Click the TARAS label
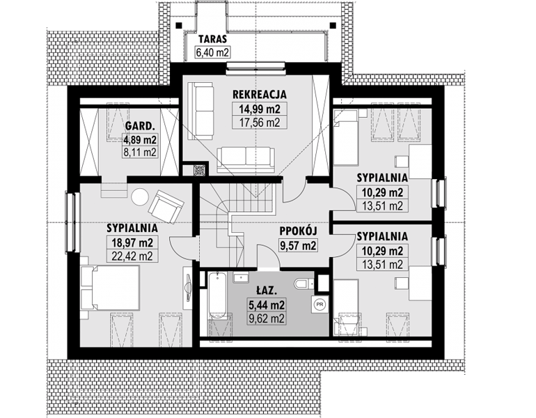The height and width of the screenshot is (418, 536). (x=212, y=38)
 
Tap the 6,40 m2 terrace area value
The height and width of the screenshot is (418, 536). (x=212, y=53)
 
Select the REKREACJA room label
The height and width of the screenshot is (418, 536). (x=259, y=94)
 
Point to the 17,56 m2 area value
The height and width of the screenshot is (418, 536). (x=260, y=122)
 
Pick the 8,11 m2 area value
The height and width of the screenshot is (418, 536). (x=140, y=152)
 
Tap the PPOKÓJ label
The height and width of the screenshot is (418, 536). (x=298, y=231)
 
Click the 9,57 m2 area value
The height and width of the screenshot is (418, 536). (x=299, y=246)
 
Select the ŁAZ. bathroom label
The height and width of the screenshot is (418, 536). (x=265, y=291)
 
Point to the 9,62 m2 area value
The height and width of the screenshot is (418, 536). (x=266, y=318)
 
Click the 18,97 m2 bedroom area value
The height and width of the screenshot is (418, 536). (x=132, y=242)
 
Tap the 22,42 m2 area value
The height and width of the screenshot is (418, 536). (x=132, y=256)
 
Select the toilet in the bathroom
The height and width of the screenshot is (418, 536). (x=303, y=283)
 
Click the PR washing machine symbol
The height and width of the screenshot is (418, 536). (x=320, y=304)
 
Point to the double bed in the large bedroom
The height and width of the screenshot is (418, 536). (x=110, y=288)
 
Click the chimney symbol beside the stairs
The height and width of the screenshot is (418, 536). (x=199, y=170)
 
